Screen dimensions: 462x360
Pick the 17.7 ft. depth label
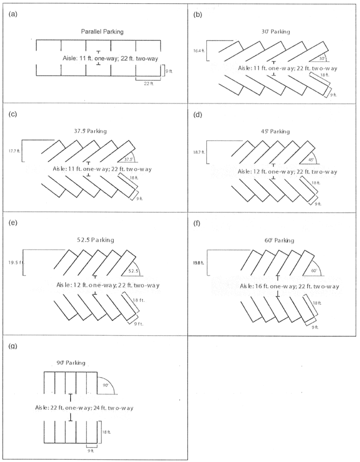[16, 151]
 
